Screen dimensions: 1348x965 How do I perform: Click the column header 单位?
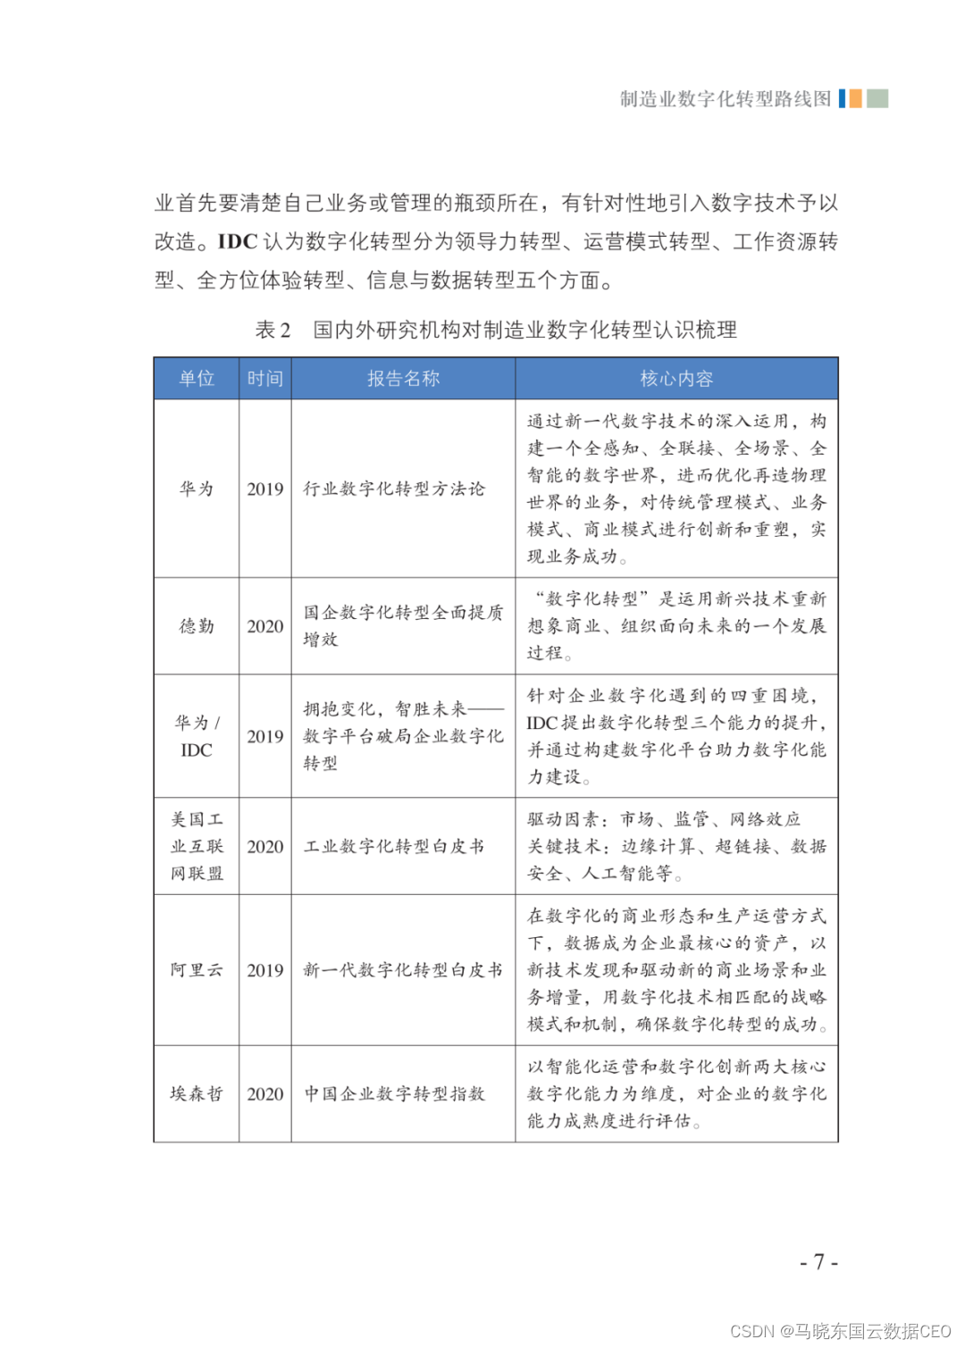tap(197, 379)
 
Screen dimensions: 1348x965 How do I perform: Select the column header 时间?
tap(265, 379)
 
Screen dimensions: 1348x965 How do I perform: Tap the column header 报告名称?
tap(403, 379)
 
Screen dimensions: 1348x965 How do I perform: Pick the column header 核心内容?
tap(676, 379)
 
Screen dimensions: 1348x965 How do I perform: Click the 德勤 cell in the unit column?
tap(197, 626)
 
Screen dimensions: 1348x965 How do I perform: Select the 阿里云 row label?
tap(197, 970)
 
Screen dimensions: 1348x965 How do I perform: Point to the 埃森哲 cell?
tap(197, 1093)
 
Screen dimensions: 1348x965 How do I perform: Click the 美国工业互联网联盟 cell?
tap(197, 846)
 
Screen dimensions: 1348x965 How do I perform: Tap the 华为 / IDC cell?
tap(197, 736)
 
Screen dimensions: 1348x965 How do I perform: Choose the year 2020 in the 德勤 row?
tap(265, 626)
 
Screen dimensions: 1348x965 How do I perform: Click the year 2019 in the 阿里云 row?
tap(265, 970)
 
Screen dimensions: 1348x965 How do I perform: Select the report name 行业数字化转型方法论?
tap(394, 489)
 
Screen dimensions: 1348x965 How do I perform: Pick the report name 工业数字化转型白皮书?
tap(394, 846)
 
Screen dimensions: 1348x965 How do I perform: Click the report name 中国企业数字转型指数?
tap(395, 1093)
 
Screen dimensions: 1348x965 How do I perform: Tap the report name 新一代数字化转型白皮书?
tap(403, 970)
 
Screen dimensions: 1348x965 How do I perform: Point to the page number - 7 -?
tap(818, 1262)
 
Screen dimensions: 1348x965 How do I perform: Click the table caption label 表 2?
tap(273, 330)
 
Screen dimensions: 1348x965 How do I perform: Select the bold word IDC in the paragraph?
tap(238, 241)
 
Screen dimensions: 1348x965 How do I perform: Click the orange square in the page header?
tap(855, 98)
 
